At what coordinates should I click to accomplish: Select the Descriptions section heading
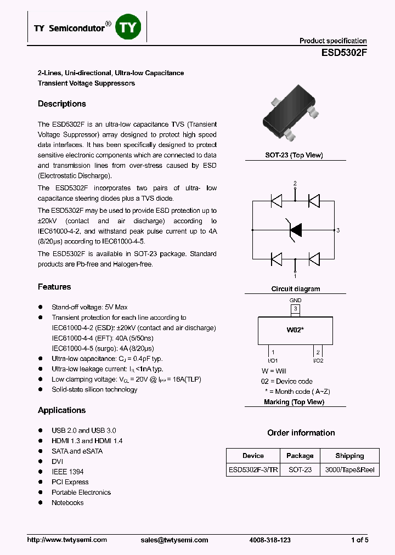61,104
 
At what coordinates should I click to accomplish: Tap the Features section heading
54,287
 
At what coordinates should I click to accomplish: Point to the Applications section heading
61,410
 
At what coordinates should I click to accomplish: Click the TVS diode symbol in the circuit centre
295,230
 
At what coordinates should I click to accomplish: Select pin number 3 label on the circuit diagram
338,230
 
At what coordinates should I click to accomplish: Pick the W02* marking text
295,330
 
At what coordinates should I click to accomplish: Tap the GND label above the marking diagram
295,301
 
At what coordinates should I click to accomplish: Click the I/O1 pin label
273,360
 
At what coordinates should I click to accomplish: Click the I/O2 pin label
318,360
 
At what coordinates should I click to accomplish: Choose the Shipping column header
349,456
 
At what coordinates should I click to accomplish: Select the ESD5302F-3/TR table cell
253,469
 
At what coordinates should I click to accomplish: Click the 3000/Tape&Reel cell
349,469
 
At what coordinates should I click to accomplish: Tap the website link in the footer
67,540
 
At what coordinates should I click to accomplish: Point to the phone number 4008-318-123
270,540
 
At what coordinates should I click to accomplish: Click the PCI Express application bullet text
70,482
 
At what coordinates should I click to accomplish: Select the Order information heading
301,433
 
